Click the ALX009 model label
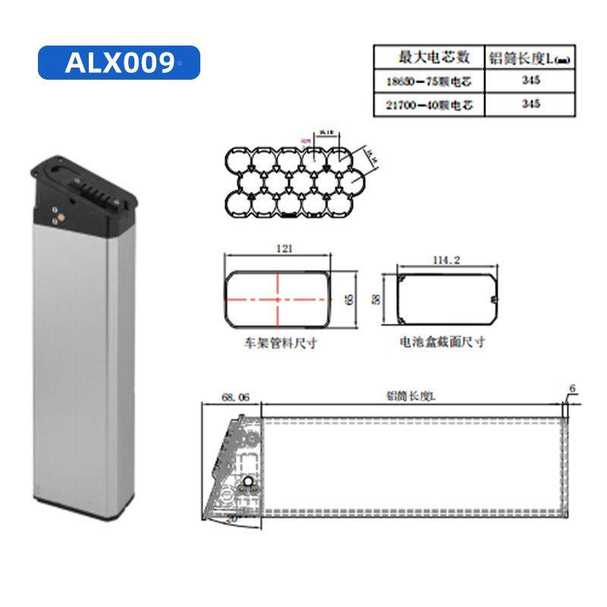pos(119,63)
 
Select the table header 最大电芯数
pos(429,57)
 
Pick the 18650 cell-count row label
pos(429,81)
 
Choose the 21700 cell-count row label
pos(429,105)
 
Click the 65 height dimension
pos(349,299)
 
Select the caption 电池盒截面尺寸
pos(442,343)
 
